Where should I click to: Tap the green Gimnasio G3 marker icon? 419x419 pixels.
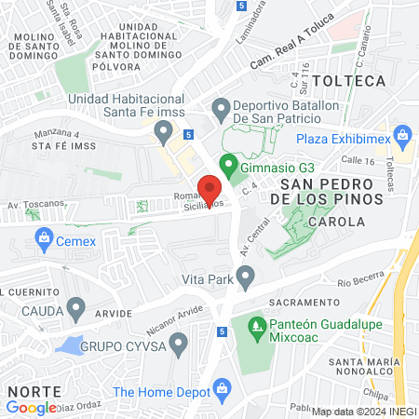(x=226, y=166)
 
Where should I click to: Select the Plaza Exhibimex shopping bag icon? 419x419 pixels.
(x=402, y=138)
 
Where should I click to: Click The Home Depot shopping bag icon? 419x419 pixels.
(x=222, y=387)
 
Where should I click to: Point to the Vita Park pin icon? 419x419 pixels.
(x=246, y=277)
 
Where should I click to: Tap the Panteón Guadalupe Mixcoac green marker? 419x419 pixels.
(x=255, y=327)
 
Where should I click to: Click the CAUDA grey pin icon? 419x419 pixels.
(x=76, y=306)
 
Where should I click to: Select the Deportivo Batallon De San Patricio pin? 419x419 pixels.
(x=221, y=111)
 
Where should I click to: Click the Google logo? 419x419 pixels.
(x=32, y=407)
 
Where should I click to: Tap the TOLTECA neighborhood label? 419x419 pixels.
(x=349, y=81)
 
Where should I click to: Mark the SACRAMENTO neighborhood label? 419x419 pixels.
(x=302, y=304)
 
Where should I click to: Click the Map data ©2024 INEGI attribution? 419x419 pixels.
(x=363, y=411)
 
